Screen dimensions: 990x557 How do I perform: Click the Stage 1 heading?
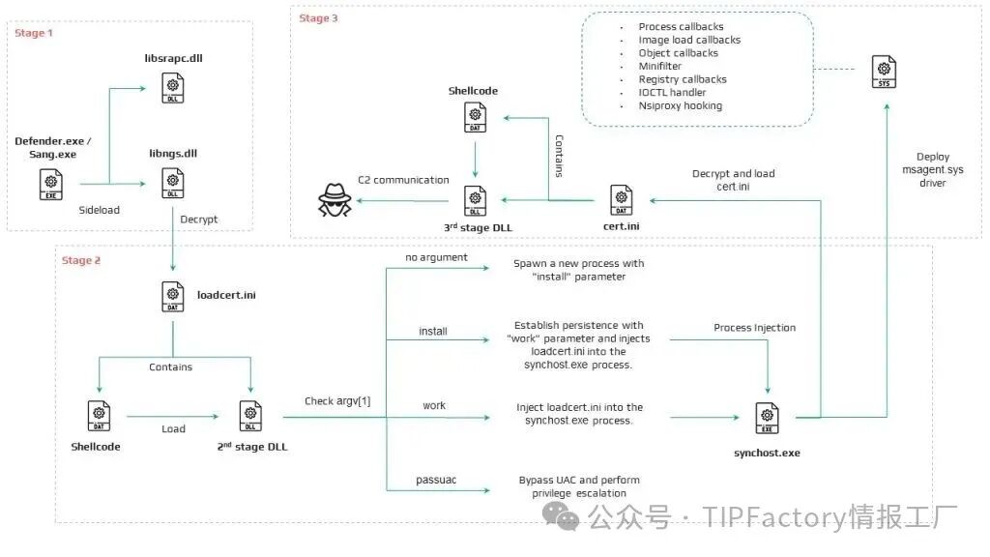[x=34, y=33]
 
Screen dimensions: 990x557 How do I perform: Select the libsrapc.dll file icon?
[x=172, y=88]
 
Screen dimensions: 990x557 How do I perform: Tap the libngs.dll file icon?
[x=172, y=183]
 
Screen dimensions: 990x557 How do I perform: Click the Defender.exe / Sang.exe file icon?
[x=51, y=185]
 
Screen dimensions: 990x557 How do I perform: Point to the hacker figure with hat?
[x=334, y=200]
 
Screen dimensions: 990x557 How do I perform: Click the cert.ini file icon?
[x=622, y=200]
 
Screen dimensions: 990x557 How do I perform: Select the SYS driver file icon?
[x=884, y=72]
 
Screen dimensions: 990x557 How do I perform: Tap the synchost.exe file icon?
[x=767, y=418]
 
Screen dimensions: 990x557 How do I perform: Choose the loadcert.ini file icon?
[x=172, y=296]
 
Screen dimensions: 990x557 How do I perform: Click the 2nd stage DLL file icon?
[x=250, y=416]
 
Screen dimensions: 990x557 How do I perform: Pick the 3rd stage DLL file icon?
[x=475, y=201]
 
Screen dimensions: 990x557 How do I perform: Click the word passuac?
[x=436, y=480]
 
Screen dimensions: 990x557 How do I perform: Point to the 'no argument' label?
[x=436, y=257]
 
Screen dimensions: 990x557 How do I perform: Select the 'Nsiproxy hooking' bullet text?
[x=680, y=105]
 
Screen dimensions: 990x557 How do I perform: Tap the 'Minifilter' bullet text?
[x=659, y=66]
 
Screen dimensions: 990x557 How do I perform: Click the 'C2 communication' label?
[x=403, y=180]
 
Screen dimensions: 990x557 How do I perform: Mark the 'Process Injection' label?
[x=754, y=328]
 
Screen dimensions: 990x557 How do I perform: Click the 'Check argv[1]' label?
[x=337, y=401]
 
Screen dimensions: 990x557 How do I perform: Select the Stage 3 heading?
[x=318, y=18]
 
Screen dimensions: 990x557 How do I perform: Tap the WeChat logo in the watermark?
[x=561, y=516]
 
